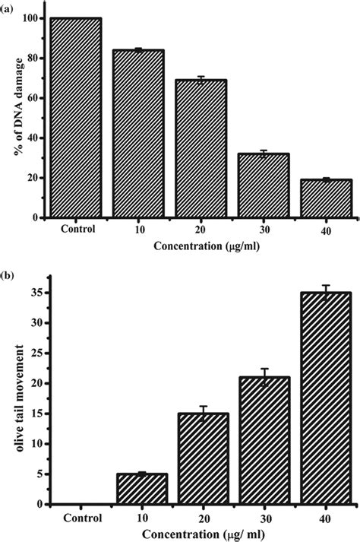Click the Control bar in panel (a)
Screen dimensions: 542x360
pyautogui.click(x=75, y=118)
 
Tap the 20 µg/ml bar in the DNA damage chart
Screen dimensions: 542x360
pyautogui.click(x=201, y=149)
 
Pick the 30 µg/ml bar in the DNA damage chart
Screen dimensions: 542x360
pyautogui.click(x=263, y=185)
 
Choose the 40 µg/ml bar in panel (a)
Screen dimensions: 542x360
pyautogui.click(x=325, y=198)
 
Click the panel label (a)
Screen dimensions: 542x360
pyautogui.click(x=11, y=7)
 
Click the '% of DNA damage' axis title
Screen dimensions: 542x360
pyautogui.click(x=13, y=118)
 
